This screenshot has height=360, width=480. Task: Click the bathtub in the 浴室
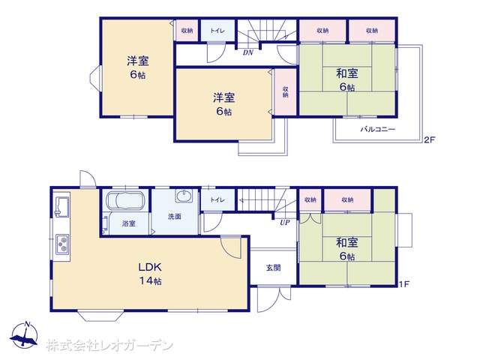point(125,200)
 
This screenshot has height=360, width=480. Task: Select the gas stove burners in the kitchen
point(62,244)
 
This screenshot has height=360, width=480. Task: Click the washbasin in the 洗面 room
point(184,196)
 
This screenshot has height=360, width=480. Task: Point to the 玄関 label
point(273,268)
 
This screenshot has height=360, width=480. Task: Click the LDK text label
point(150,267)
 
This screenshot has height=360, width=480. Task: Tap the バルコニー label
point(377,129)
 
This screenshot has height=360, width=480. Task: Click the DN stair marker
point(248,52)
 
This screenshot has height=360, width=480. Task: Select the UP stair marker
point(285,223)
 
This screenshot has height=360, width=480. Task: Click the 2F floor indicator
point(429,140)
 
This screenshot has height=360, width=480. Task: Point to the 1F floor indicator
point(404,284)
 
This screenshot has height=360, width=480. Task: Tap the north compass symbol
point(24,335)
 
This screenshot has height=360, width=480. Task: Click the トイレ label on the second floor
point(217,31)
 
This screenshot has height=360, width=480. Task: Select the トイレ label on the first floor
point(217,200)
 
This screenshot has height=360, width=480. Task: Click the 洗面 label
point(175,217)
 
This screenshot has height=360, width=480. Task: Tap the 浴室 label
point(128,223)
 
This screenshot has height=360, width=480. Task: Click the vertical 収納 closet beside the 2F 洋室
point(285,91)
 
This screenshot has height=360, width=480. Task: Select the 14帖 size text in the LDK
point(150,280)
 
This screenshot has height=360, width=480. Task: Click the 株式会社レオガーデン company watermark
point(109,346)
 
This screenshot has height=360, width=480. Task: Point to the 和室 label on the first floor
point(347,242)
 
